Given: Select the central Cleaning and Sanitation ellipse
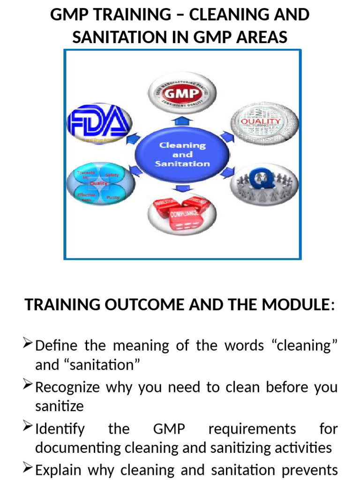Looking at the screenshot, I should (182, 154).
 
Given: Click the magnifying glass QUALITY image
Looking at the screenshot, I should (265, 122).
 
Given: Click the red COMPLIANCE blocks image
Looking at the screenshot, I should (182, 211).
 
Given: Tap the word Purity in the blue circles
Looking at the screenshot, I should (113, 197).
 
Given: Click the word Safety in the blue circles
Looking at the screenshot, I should (112, 175).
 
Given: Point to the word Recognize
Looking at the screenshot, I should (67, 387).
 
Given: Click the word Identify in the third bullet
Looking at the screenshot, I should (60, 428).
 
